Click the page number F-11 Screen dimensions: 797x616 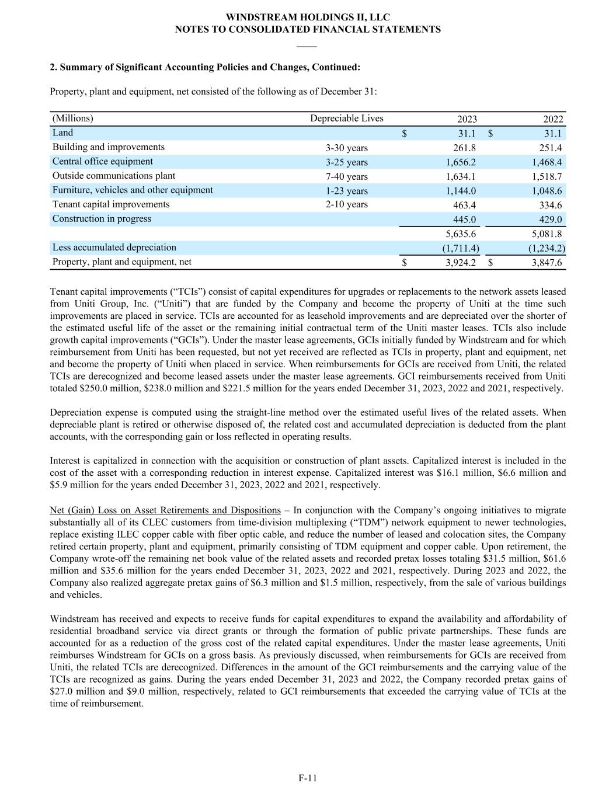tap(308, 778)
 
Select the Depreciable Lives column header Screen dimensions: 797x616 tap(346, 119)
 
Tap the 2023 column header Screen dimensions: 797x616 tap(467, 119)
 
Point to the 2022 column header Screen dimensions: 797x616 tap(553, 119)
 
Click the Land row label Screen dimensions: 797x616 tap(62, 133)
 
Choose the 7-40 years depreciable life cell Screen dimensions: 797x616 tap(346, 176)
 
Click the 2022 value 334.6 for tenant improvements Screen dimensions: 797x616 tap(550, 205)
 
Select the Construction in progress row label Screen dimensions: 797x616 tap(102, 219)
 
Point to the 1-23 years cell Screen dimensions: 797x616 tap(346, 191)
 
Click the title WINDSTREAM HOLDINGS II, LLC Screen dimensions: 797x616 tap(308, 18)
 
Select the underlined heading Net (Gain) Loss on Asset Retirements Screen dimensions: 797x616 tap(165, 510)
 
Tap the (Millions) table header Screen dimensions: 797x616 tap(72, 119)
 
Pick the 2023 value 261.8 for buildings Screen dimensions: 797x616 tap(464, 148)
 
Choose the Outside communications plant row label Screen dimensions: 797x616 tap(113, 176)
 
